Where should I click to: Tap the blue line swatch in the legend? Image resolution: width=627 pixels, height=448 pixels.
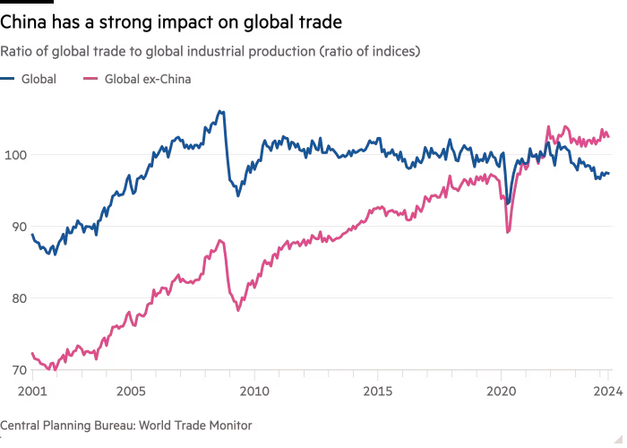point(11,79)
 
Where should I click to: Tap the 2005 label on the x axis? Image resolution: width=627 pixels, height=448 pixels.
point(132,390)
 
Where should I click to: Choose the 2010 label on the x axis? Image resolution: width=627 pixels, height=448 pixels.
point(254,390)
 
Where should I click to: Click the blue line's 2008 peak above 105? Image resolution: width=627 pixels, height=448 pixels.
point(220,111)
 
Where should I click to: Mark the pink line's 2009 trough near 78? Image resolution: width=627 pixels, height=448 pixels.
point(238,311)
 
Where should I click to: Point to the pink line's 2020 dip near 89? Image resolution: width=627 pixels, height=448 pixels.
point(509,232)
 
